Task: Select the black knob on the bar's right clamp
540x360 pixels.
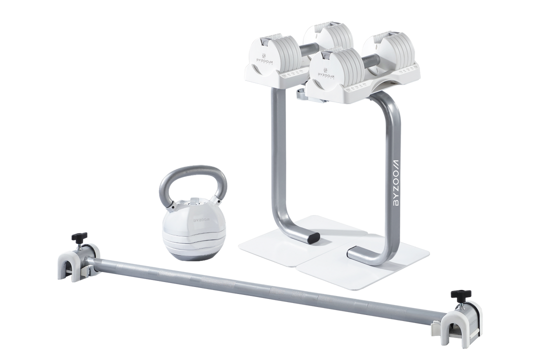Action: (457, 294)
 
